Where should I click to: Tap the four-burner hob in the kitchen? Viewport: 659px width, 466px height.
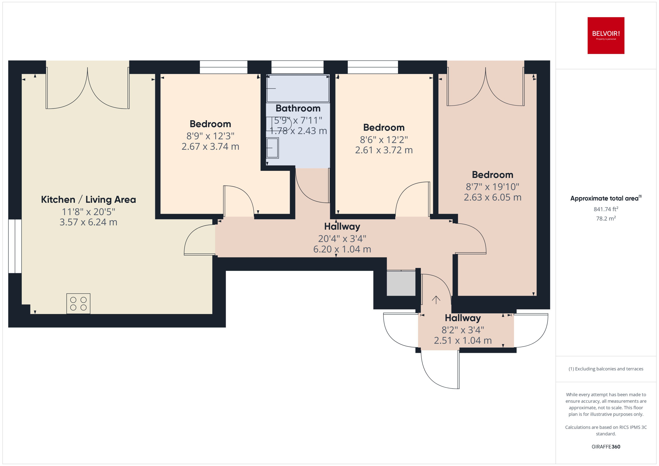coord(78,304)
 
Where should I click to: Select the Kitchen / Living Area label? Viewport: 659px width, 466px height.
coord(88,199)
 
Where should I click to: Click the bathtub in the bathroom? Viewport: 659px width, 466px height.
coord(298,88)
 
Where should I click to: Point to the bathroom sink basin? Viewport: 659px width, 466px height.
coord(272,148)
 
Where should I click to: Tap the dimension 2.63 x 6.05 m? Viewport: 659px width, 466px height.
coord(492,197)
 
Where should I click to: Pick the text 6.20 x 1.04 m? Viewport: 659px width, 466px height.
coord(342,249)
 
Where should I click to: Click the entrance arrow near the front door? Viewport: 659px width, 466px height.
coord(436,300)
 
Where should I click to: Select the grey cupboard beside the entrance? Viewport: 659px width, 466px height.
coord(401,283)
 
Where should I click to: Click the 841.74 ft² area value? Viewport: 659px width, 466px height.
coord(606,209)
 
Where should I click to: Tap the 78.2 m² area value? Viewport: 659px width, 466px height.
coord(606,218)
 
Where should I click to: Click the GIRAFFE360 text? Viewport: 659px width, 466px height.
coord(606,446)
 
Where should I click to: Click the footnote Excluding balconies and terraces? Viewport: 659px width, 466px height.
coord(606,369)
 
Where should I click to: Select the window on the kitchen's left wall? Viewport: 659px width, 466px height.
coord(15,246)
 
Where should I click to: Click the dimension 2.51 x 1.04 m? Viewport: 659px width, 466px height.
coord(463,340)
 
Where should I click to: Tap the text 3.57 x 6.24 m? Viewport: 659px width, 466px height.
coord(88,222)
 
